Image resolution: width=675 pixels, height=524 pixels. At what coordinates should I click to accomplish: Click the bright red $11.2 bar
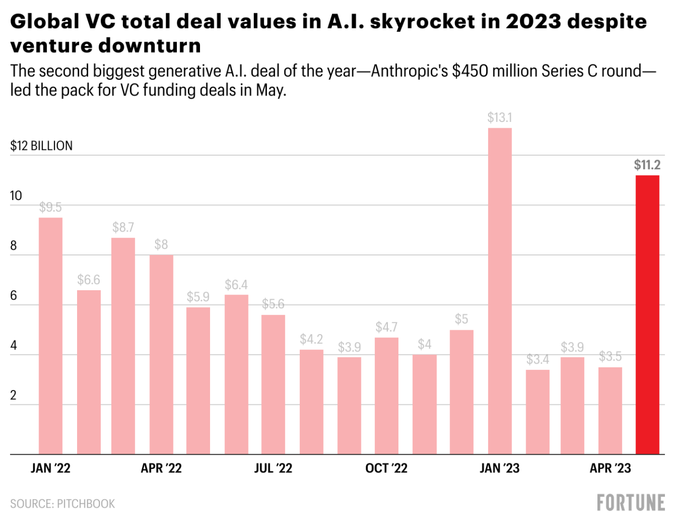[x=647, y=315]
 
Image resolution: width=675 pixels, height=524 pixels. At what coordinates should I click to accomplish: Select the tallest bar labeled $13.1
[x=500, y=291]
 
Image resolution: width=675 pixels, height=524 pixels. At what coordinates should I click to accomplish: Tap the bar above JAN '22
[x=51, y=336]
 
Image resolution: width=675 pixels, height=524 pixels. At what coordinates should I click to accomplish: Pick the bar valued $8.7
[x=123, y=346]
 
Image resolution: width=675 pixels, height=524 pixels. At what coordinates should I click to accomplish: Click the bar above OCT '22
[x=386, y=396]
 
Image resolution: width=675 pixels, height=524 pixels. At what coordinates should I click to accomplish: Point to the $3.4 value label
[x=537, y=360]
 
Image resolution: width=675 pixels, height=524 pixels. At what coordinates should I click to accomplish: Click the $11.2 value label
[x=647, y=165]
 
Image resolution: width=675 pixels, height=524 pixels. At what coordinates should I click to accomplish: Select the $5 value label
[x=461, y=319]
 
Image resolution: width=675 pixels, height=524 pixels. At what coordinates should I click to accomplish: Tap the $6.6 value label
[x=89, y=280]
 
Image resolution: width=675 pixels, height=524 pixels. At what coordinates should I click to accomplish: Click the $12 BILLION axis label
[x=41, y=146]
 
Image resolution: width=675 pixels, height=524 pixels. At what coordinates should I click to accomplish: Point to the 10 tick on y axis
[x=16, y=196]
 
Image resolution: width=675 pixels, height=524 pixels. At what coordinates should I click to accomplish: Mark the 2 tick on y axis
[x=13, y=395]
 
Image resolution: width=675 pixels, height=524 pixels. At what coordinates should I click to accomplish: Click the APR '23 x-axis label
[x=610, y=468]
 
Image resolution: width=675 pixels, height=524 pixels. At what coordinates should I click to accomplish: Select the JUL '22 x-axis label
[x=273, y=468]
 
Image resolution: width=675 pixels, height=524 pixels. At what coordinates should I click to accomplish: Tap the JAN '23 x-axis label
[x=499, y=468]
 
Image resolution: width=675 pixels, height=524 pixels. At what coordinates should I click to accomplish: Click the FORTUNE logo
[x=631, y=503]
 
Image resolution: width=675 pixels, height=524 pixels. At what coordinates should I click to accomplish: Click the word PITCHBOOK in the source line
[x=85, y=504]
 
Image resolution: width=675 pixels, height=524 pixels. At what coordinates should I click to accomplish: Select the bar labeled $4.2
[x=311, y=402]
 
